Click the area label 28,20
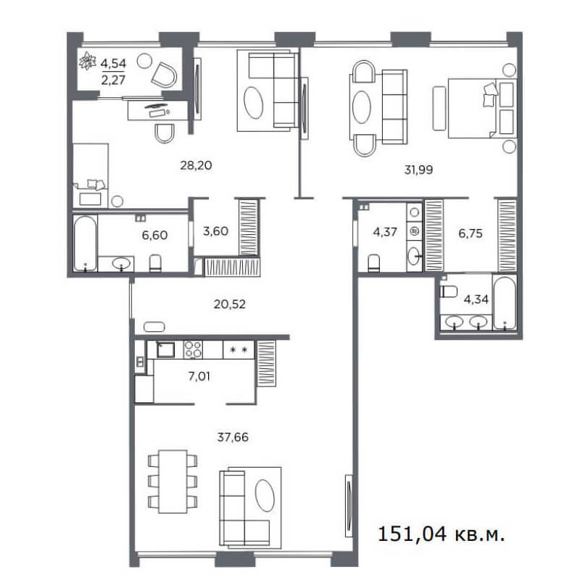(x=196, y=165)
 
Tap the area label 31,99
(x=418, y=170)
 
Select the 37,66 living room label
(x=233, y=437)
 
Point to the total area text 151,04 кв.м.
(x=441, y=534)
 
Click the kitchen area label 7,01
(x=199, y=376)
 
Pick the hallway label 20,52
(x=230, y=304)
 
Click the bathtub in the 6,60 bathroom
(x=85, y=243)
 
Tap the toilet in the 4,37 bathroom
(x=374, y=263)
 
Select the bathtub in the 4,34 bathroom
(x=505, y=303)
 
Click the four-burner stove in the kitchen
(x=193, y=349)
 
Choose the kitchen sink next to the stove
(x=165, y=349)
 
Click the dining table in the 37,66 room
(x=173, y=481)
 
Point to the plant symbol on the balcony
(x=88, y=61)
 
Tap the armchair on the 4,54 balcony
(x=165, y=75)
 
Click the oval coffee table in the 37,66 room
(x=265, y=495)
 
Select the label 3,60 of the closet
(x=215, y=231)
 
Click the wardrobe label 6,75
(x=471, y=233)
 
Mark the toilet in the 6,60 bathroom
(x=155, y=263)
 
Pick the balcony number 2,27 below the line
(x=113, y=80)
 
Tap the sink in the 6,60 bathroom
(x=121, y=264)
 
